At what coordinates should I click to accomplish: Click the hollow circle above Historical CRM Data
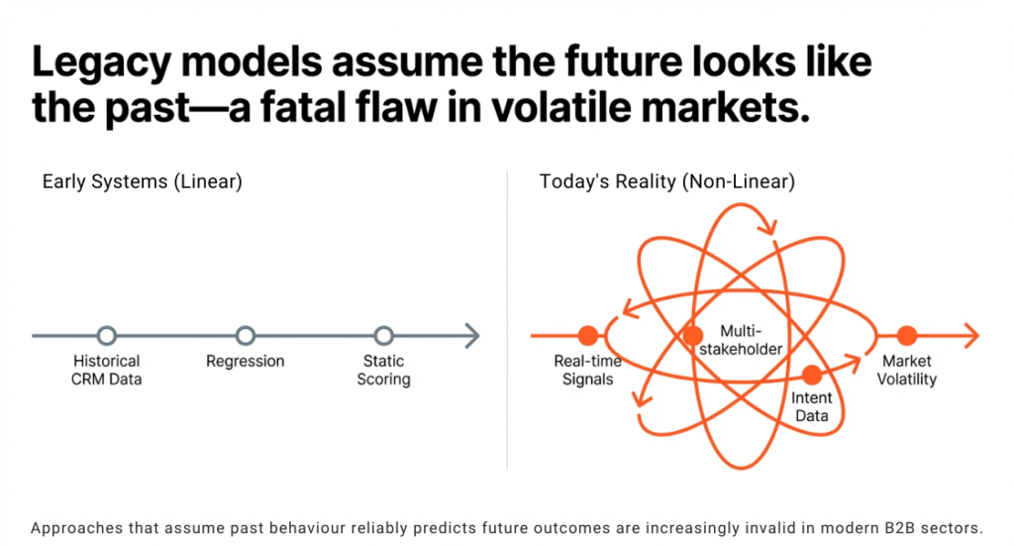pos(107,336)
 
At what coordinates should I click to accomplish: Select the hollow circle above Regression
pos(246,336)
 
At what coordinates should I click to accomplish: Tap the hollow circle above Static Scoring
pos(384,336)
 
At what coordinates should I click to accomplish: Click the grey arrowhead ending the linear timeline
pos(472,336)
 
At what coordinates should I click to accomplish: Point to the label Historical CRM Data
pos(107,371)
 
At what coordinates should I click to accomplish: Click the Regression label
pos(246,362)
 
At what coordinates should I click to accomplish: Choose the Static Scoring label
pos(384,371)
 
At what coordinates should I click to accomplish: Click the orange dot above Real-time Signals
pos(588,335)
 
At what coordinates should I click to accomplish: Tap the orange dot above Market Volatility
pos(907,335)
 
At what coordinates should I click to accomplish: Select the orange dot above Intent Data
pos(812,375)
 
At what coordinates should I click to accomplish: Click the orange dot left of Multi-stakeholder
pos(693,336)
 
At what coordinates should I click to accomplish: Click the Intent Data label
pos(812,407)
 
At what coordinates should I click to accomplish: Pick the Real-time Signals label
pos(588,371)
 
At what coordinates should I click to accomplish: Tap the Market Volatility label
pos(907,371)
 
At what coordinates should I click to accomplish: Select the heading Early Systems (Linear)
pos(143,182)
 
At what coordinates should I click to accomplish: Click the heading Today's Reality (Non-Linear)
pos(667,182)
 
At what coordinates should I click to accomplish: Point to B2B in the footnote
pos(886,527)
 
